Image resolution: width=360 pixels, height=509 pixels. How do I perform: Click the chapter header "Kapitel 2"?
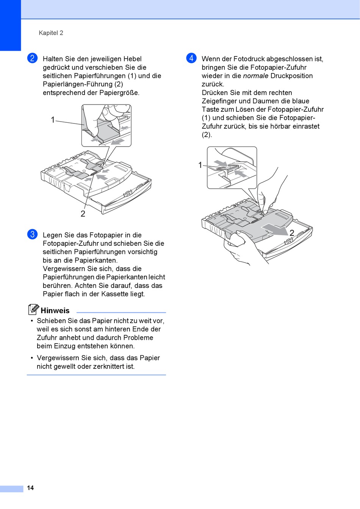tap(51, 33)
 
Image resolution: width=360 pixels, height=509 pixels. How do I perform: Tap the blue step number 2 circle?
tap(32, 58)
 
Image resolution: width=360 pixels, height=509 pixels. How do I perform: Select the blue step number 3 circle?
tap(32, 234)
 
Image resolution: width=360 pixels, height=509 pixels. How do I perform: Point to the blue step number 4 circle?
tap(191, 58)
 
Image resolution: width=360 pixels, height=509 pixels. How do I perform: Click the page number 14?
tap(30, 488)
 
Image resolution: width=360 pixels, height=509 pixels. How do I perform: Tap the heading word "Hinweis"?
tap(55, 311)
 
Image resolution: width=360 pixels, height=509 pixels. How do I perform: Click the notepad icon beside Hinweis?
tap(33, 309)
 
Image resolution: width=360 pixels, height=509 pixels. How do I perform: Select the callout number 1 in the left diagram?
tap(53, 120)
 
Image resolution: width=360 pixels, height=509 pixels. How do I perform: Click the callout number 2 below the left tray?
tap(83, 214)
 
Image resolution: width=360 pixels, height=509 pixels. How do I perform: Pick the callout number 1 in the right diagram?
tap(200, 165)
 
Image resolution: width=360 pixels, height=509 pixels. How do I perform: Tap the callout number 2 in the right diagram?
tap(292, 233)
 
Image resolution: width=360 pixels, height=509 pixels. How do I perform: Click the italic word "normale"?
tap(255, 76)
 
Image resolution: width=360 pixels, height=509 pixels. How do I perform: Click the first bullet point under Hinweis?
tap(32, 321)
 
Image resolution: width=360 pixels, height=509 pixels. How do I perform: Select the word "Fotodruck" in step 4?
tap(249, 59)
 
